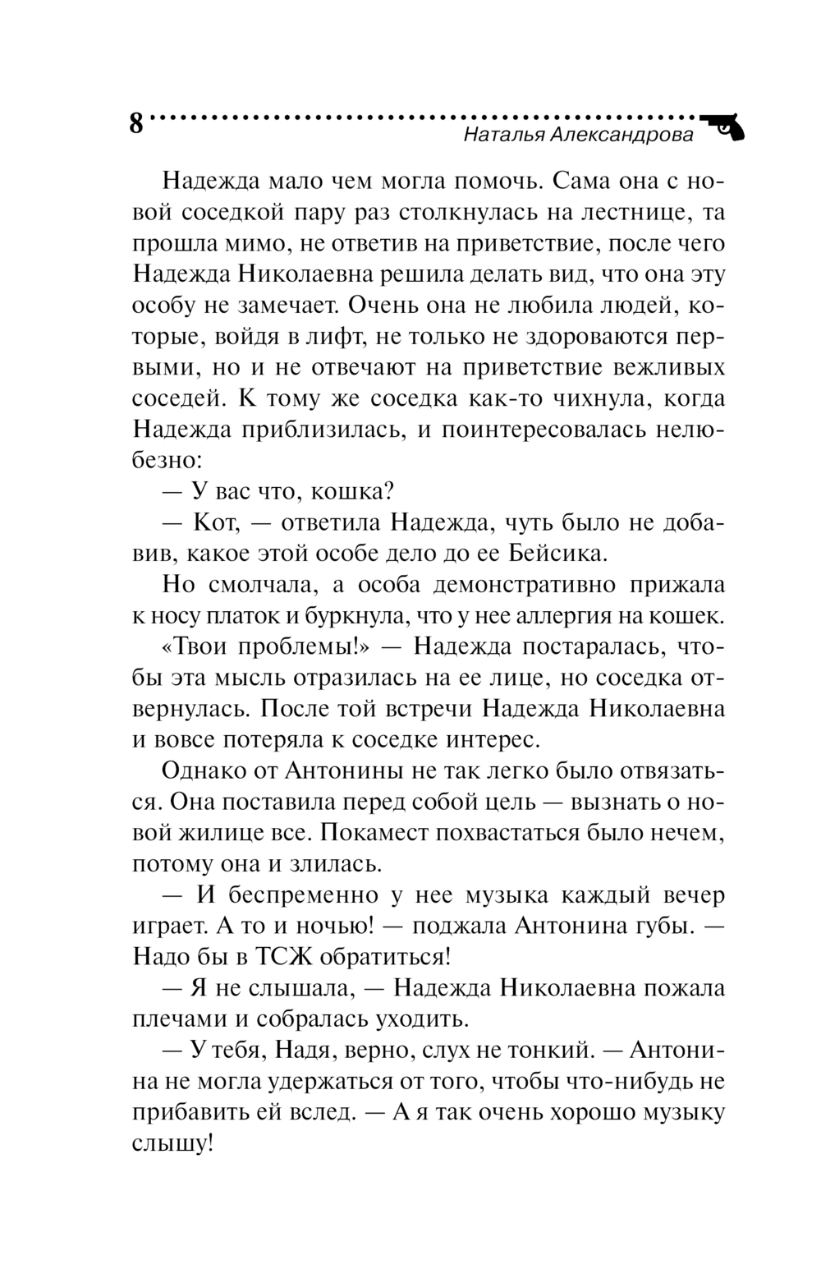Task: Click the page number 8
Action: tap(135, 125)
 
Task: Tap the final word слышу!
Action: tap(172, 1143)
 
